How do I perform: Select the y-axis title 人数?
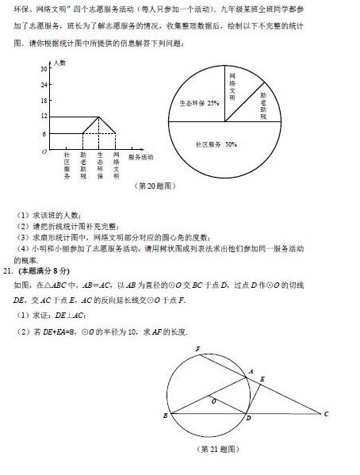[60, 61]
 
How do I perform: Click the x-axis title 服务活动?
[140, 159]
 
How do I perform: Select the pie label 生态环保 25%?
[199, 103]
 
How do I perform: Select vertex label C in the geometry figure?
[326, 414]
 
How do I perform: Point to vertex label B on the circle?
[164, 416]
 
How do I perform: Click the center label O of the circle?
[214, 400]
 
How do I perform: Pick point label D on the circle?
[247, 419]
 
